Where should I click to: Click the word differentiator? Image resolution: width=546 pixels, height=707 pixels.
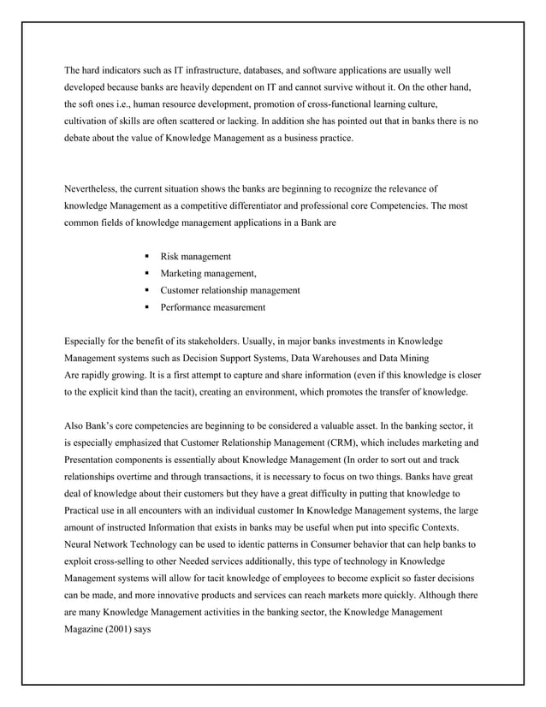pos(303,205)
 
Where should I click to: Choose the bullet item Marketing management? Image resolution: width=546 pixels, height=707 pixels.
pos(208,273)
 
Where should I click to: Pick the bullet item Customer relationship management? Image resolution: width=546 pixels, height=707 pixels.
pos(229,290)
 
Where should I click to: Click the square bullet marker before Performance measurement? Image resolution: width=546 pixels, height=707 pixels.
pos(148,307)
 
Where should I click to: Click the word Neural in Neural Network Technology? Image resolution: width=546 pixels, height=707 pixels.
pos(79,544)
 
